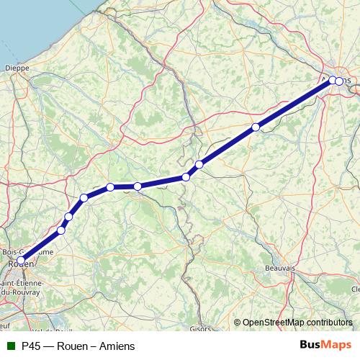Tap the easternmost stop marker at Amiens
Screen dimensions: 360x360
coord(339,81)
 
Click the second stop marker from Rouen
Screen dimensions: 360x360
coord(61,230)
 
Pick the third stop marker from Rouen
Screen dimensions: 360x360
coord(69,217)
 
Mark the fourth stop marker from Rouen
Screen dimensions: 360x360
coord(84,197)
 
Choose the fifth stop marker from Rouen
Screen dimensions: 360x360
coord(111,187)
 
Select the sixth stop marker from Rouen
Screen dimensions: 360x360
coord(138,186)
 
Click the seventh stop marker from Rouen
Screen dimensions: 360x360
coord(186,176)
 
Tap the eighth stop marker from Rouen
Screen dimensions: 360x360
coord(199,164)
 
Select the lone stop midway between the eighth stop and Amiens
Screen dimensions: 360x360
coord(256,127)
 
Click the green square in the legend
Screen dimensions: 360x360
coord(9,346)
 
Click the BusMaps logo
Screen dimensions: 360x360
coord(324,346)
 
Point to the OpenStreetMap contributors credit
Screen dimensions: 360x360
coord(296,323)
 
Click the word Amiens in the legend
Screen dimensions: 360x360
coord(117,346)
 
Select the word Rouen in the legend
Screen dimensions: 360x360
coord(74,346)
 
